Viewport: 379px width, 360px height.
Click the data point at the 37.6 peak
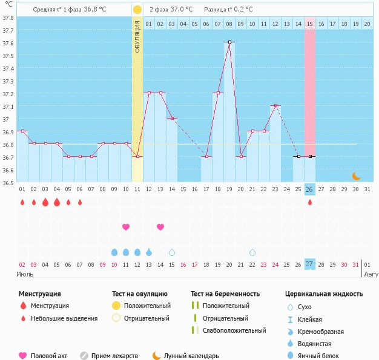click(229, 42)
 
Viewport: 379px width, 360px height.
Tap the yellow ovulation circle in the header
click(137, 10)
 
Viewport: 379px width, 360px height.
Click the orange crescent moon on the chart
click(357, 175)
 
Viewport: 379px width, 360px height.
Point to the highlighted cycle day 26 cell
click(310, 189)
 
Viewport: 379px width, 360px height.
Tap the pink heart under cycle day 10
click(126, 227)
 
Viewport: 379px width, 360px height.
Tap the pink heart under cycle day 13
click(160, 227)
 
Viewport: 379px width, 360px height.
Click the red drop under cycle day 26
click(310, 202)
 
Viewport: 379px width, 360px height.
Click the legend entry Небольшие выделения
click(64, 318)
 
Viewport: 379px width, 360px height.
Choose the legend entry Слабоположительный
click(234, 330)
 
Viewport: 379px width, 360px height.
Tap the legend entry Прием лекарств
click(114, 356)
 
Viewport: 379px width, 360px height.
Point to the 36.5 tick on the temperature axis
click(8, 182)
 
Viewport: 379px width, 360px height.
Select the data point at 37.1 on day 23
click(275, 105)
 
